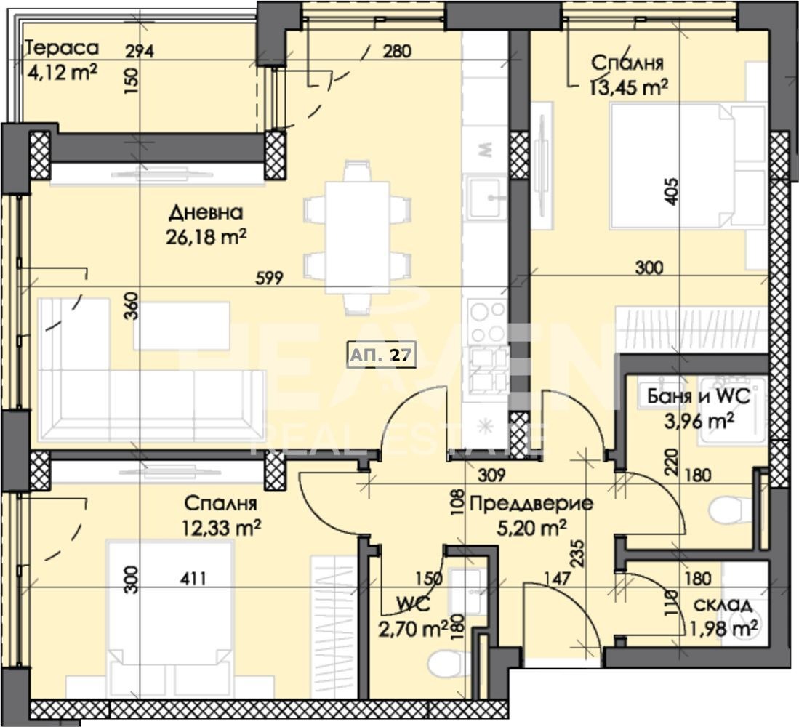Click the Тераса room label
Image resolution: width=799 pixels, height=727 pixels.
click(x=62, y=49)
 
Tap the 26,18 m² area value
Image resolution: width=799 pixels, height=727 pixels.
click(x=206, y=237)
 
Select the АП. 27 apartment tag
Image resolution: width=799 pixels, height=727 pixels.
click(x=382, y=355)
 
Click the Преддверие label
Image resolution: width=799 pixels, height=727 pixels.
click(x=531, y=503)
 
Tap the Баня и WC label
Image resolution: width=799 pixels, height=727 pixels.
click(x=698, y=397)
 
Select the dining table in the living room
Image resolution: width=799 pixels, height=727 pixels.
click(x=357, y=237)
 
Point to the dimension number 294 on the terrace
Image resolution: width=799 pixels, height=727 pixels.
click(x=140, y=52)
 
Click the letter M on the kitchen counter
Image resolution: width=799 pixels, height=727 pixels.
click(x=486, y=150)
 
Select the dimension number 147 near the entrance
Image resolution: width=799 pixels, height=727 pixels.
click(x=558, y=579)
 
